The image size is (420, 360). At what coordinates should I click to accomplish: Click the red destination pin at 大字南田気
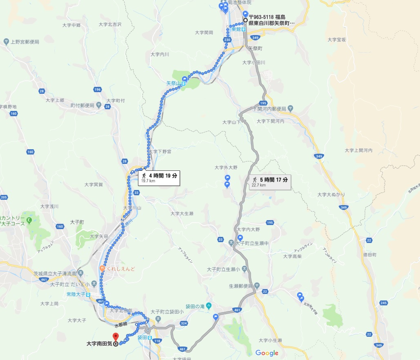tap(115, 337)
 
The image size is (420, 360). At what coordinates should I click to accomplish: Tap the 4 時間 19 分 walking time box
tap(160, 177)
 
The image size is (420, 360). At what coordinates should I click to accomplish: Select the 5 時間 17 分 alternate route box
tap(270, 181)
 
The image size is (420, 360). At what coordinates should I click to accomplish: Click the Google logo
tap(267, 353)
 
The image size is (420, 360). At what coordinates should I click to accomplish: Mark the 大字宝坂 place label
tap(337, 40)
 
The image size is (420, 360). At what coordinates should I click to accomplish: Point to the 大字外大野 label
tap(226, 168)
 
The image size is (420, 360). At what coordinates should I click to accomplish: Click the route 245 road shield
tap(383, 303)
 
